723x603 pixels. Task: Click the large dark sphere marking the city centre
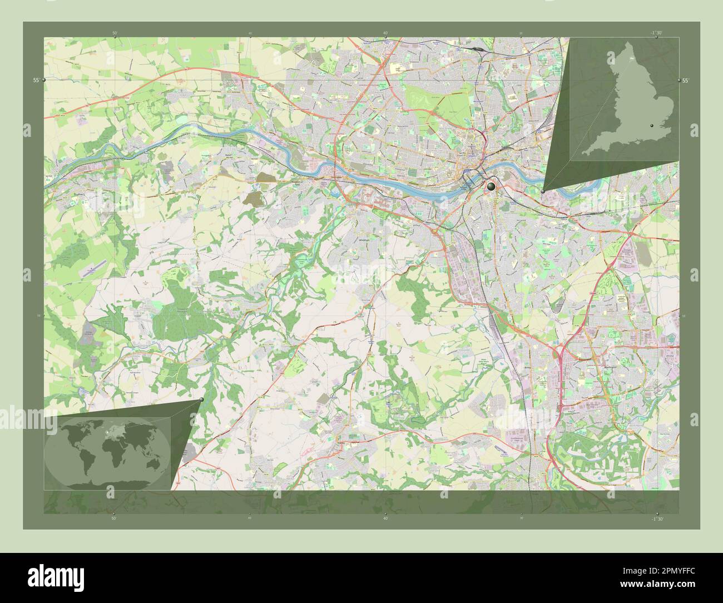pyautogui.click(x=491, y=186)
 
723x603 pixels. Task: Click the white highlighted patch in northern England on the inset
pyautogui.click(x=631, y=57)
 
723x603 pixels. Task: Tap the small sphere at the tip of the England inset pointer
pyautogui.click(x=543, y=191)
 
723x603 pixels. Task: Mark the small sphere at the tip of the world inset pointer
pyautogui.click(x=201, y=399)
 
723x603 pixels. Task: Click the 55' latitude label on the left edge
pyautogui.click(x=36, y=80)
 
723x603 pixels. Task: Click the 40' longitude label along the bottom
pyautogui.click(x=385, y=518)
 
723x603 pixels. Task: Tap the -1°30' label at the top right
pyautogui.click(x=657, y=33)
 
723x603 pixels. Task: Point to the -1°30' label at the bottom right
pyautogui.click(x=657, y=518)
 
